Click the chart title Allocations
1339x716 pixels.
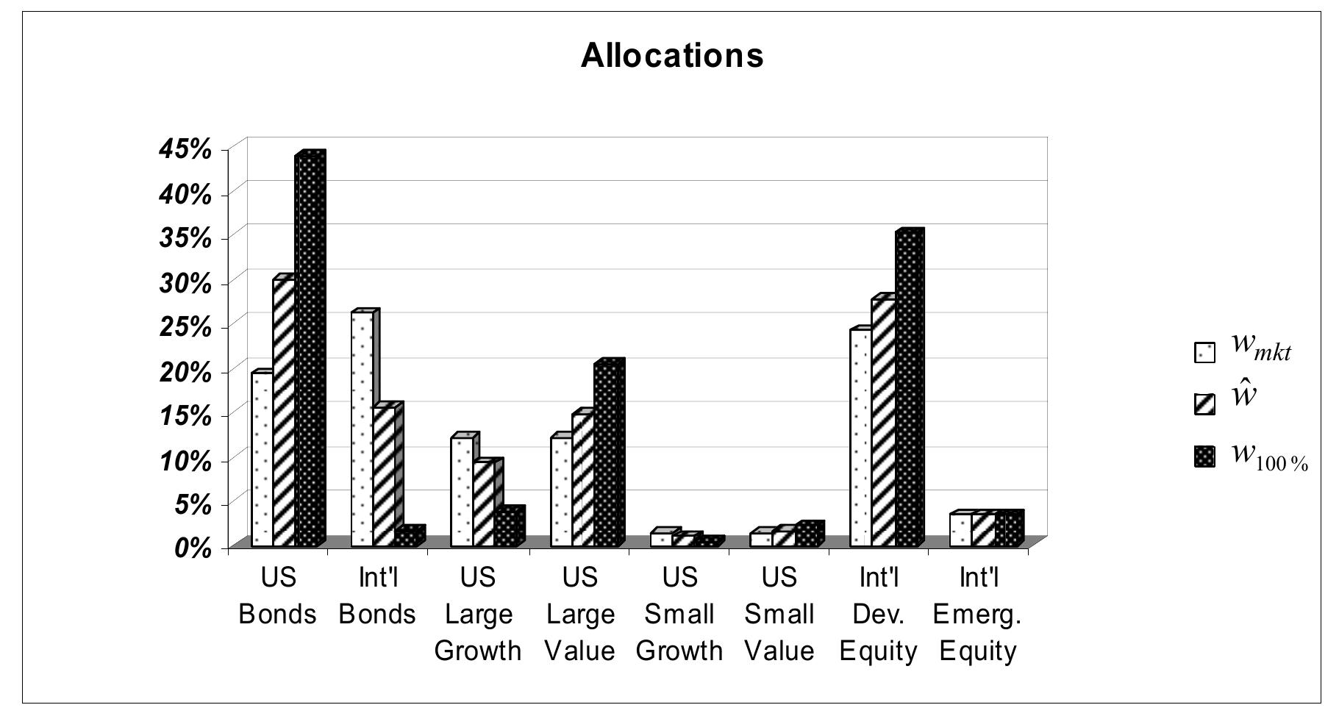[672, 55]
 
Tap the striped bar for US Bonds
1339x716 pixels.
[284, 412]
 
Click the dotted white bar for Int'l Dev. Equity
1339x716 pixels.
[860, 437]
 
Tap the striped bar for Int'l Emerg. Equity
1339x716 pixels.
[982, 530]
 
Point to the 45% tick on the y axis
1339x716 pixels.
[185, 149]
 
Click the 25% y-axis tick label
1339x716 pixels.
[185, 326]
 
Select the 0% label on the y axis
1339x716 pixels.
[193, 548]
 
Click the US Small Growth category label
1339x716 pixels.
[679, 614]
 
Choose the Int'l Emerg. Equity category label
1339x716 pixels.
[977, 614]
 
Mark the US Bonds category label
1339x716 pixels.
[278, 595]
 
